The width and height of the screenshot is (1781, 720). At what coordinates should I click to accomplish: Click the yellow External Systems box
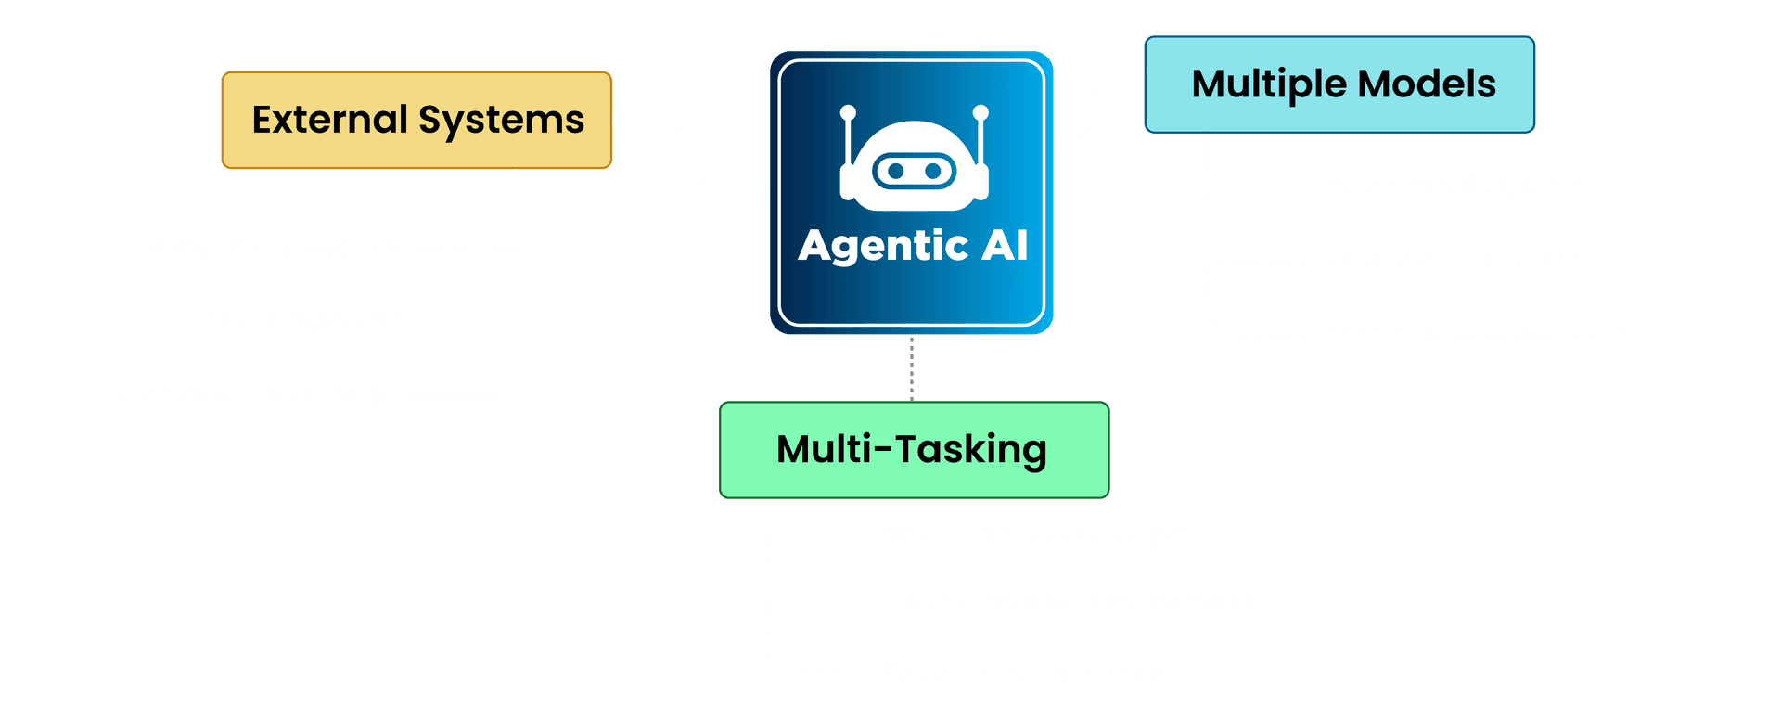click(416, 120)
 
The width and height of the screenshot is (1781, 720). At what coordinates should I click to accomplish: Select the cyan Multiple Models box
click(1339, 84)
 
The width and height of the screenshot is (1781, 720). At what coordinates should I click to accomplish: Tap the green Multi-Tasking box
click(914, 450)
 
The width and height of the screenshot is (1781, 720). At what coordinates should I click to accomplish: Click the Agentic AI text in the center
click(913, 246)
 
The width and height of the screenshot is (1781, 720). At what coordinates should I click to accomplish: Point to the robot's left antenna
click(848, 139)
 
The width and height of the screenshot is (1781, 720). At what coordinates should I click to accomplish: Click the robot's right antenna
click(980, 139)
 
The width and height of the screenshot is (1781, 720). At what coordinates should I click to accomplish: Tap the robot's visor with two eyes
click(915, 171)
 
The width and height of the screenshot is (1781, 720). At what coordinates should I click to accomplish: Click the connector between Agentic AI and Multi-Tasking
click(912, 368)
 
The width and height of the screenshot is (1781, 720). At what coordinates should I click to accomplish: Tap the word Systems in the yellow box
click(501, 120)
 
